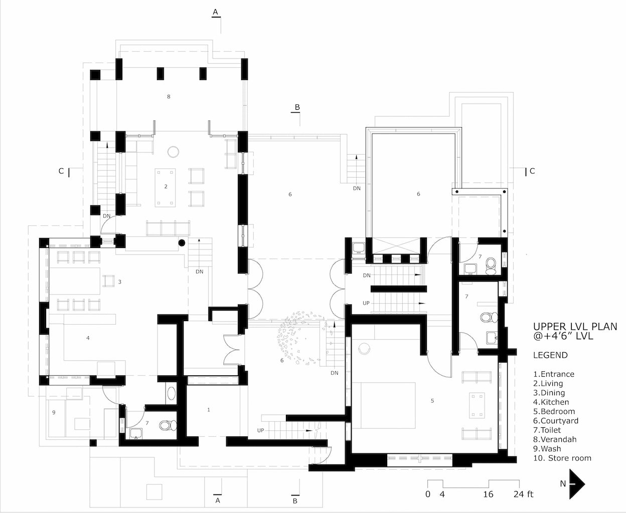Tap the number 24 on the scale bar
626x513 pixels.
click(x=519, y=494)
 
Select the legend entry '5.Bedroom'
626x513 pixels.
click(x=554, y=412)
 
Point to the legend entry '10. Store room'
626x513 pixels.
click(x=562, y=458)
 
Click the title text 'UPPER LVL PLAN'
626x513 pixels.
click(x=575, y=327)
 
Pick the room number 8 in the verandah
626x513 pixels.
click(x=169, y=97)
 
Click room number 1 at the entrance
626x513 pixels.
click(x=209, y=410)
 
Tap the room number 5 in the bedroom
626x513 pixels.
click(x=432, y=401)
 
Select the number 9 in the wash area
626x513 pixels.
click(x=54, y=412)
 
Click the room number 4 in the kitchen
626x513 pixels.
click(x=88, y=338)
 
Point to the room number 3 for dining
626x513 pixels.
click(x=119, y=282)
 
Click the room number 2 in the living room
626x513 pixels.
click(x=166, y=186)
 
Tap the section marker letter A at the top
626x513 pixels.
click(x=216, y=12)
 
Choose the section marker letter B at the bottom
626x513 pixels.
click(x=295, y=501)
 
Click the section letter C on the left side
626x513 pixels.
click(x=61, y=171)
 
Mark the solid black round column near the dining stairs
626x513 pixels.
click(x=182, y=243)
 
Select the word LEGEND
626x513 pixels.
click(x=550, y=355)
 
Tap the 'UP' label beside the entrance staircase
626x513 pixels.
click(x=260, y=430)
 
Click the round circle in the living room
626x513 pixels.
click(x=173, y=152)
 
